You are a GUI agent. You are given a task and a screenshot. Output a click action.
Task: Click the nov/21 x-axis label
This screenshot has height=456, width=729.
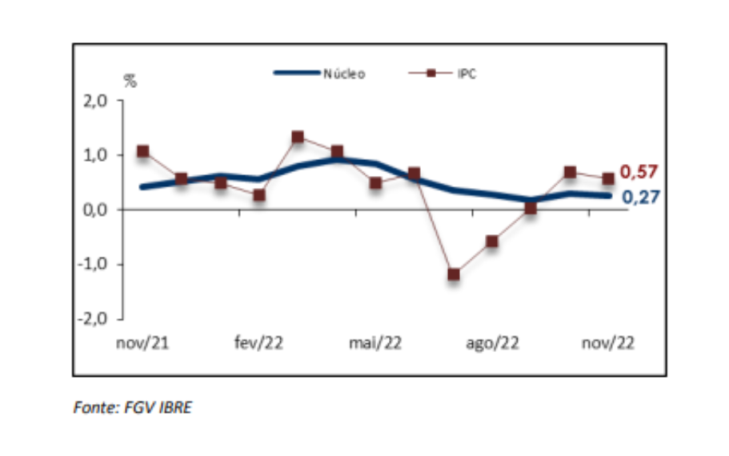[142, 343]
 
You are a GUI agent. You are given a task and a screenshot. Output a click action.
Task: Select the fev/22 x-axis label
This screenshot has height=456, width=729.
[258, 343]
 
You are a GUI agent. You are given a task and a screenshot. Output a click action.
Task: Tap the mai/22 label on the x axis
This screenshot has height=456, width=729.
[375, 343]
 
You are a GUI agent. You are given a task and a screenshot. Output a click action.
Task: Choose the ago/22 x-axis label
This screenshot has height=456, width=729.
[492, 343]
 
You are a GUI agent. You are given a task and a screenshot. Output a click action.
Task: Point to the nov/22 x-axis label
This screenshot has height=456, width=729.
[608, 343]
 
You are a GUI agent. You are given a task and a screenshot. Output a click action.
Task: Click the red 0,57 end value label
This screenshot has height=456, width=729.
[639, 172]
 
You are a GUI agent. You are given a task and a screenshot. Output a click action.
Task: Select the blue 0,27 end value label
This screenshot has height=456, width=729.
[639, 196]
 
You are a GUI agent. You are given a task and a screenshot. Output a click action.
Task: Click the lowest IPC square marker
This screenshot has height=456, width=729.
[453, 274]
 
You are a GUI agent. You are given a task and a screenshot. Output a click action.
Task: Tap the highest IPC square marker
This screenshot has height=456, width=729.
[298, 137]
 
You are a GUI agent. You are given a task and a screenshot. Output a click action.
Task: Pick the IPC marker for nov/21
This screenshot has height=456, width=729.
[142, 151]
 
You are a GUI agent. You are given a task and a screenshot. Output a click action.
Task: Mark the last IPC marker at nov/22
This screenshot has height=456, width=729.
[608, 178]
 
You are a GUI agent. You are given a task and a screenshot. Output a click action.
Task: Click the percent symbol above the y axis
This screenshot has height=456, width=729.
[130, 80]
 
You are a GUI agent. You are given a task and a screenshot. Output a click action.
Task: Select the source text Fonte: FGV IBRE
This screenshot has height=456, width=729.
[133, 408]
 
